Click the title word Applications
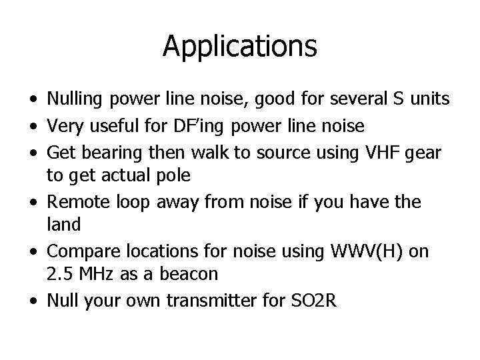(x=239, y=47)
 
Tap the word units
(x=430, y=99)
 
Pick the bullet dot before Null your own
(x=32, y=301)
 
